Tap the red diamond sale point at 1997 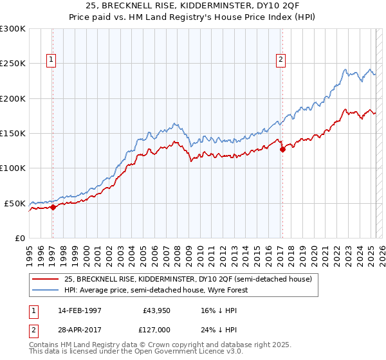tap(53, 207)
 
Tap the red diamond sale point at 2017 tap(282, 150)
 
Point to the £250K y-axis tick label tap(13, 64)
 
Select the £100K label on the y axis tap(13, 168)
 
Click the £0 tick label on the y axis tap(19, 238)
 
